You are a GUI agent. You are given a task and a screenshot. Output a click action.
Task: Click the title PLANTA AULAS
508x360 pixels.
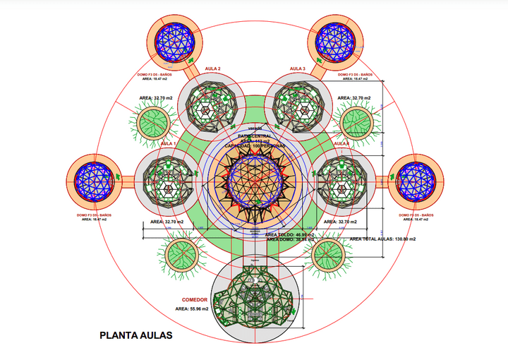[x=135, y=335]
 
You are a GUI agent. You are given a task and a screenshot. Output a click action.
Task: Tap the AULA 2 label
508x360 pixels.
[x=212, y=69]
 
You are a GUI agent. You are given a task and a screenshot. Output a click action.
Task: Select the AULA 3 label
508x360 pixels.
[x=297, y=69]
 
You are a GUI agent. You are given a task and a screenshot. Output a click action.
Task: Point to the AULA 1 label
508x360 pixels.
[x=168, y=144]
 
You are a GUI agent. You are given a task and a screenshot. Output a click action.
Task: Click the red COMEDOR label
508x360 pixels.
[x=195, y=299]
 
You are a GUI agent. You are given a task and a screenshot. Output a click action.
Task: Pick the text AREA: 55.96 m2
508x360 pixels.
[x=192, y=309]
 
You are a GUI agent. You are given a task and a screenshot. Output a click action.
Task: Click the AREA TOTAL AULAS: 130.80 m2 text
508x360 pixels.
[x=383, y=239]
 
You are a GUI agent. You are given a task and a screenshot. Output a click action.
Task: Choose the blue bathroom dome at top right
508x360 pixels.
[x=335, y=41]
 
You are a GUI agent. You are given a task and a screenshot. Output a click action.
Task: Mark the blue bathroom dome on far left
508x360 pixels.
[x=95, y=179]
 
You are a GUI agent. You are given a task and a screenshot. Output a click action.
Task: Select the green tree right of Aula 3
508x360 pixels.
[x=356, y=122]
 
